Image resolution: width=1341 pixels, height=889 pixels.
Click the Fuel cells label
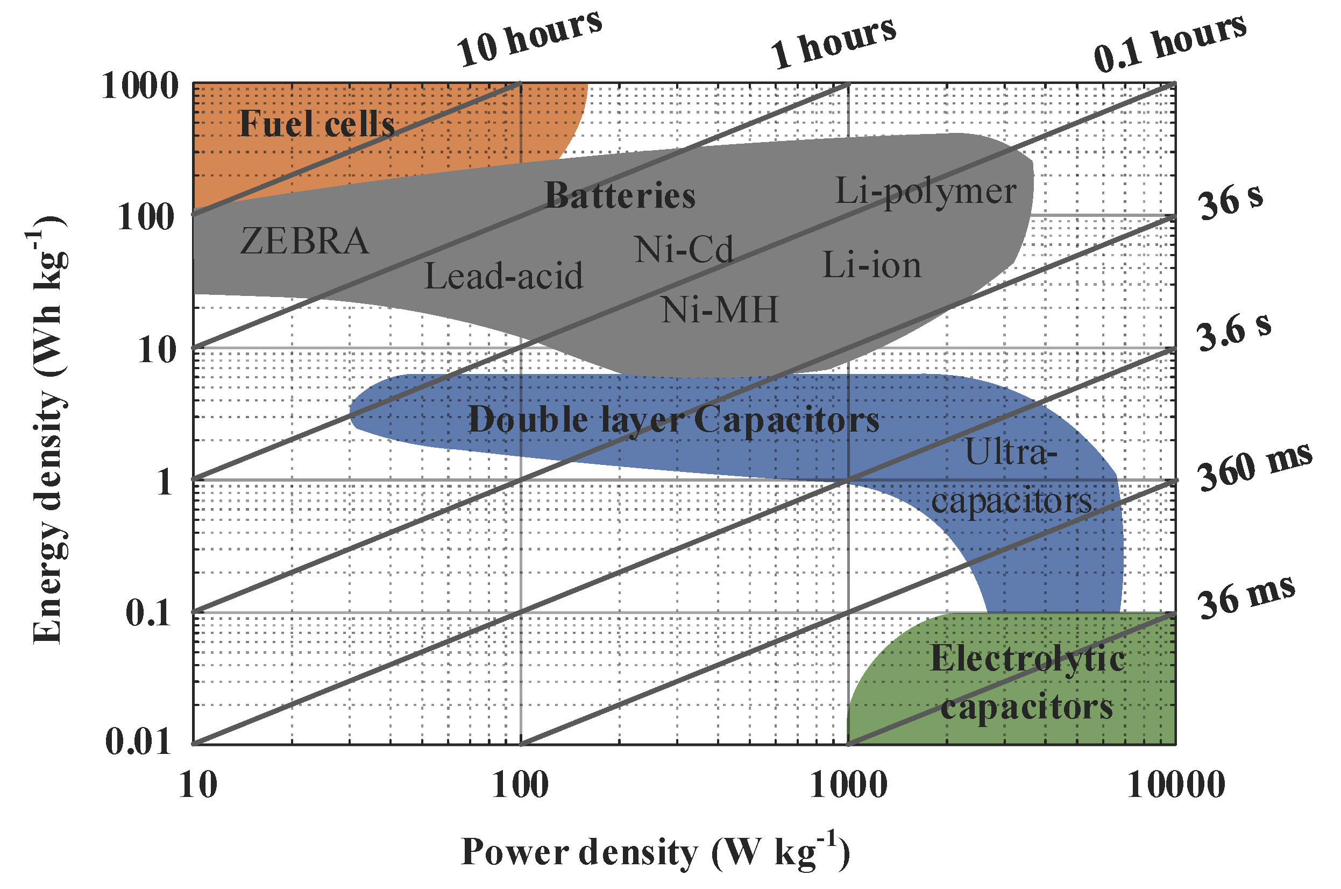[x=316, y=124]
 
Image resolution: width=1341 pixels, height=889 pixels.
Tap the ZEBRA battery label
[x=304, y=241]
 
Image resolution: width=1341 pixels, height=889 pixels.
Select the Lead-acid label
[x=503, y=276]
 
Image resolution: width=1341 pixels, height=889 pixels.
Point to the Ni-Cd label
[x=684, y=250]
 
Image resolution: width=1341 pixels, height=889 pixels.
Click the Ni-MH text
[x=720, y=310]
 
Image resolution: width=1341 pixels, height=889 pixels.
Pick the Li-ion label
[x=871, y=265]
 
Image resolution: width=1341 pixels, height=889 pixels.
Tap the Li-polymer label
[x=925, y=192]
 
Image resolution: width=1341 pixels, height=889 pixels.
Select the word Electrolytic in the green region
[x=1027, y=659]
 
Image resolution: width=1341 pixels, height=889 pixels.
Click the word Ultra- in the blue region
[x=1011, y=453]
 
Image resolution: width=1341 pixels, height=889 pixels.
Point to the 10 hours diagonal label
[x=528, y=39]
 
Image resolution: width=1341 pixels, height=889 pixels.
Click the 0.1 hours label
[x=1169, y=43]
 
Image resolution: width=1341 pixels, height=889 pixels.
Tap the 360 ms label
[x=1254, y=467]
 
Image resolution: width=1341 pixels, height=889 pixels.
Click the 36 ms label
[x=1246, y=597]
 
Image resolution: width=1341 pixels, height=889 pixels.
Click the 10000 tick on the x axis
[x=1175, y=785]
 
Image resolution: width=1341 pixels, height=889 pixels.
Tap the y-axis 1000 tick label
[x=139, y=87]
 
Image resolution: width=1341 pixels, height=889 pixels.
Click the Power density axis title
[x=655, y=852]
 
